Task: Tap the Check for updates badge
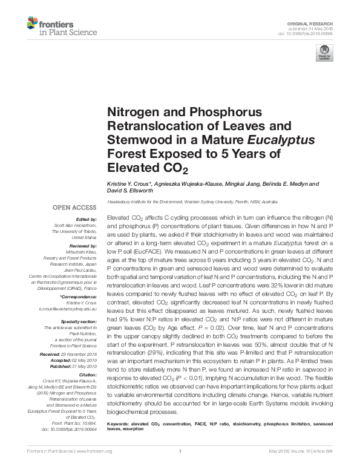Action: pos(325,53)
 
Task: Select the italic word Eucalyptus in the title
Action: pos(285,140)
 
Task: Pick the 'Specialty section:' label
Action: pos(80,321)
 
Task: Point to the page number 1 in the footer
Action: pos(180,468)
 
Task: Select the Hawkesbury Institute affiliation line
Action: pos(192,201)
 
